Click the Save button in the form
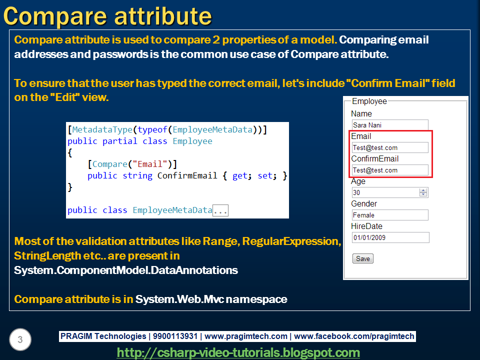tap(363, 258)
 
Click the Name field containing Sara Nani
tap(389, 125)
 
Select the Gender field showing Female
tap(389, 215)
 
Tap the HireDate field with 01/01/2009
tap(390, 237)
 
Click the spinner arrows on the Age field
tap(423, 192)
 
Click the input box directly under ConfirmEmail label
tap(389, 170)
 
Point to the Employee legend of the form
tap(369, 101)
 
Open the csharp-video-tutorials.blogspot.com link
tap(238, 352)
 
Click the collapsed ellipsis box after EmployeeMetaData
tap(220, 210)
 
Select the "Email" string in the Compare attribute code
tap(153, 164)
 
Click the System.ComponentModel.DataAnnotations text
tap(126, 270)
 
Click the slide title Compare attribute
tap(107, 15)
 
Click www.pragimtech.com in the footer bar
tap(246, 336)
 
